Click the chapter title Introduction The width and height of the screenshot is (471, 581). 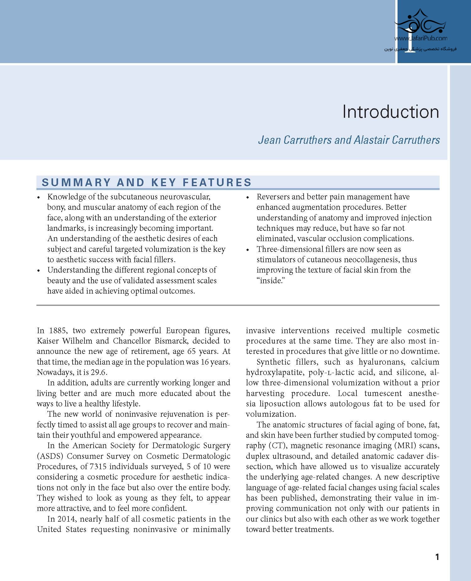(391, 112)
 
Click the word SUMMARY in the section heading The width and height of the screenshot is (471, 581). (76, 182)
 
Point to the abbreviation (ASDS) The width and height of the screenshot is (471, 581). (50, 456)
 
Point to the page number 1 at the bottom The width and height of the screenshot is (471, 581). (437, 557)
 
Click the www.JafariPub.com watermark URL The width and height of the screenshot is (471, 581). (421, 39)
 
